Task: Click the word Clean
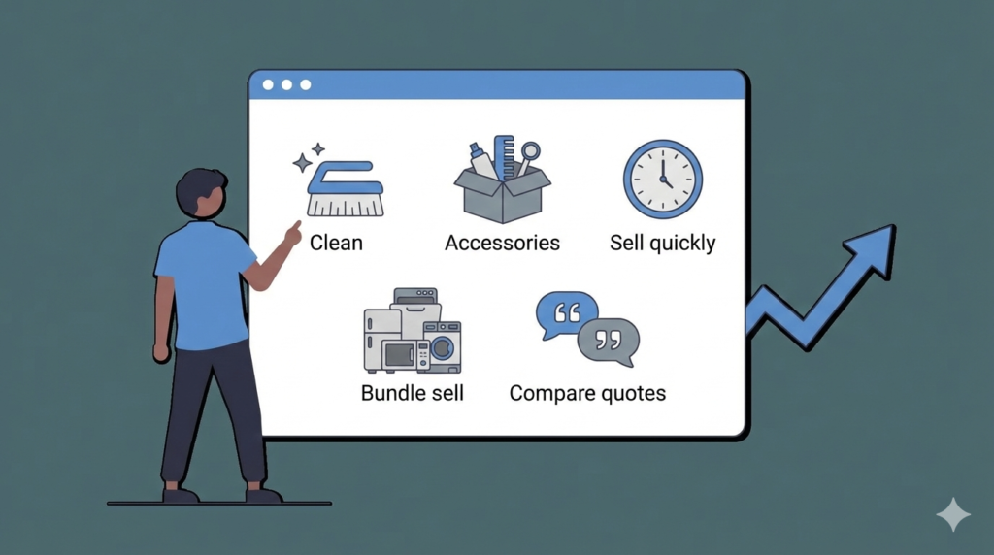[336, 243]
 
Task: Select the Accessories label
[502, 243]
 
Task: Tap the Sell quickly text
[662, 243]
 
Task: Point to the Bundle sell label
[412, 393]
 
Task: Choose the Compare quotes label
[587, 393]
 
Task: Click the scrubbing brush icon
[346, 189]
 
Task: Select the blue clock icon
[663, 180]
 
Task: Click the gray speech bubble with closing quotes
[609, 343]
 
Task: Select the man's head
[201, 193]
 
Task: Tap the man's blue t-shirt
[204, 284]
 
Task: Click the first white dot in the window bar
[268, 84]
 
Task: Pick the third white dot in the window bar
[306, 84]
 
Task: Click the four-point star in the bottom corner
[953, 514]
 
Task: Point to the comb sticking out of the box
[505, 156]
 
